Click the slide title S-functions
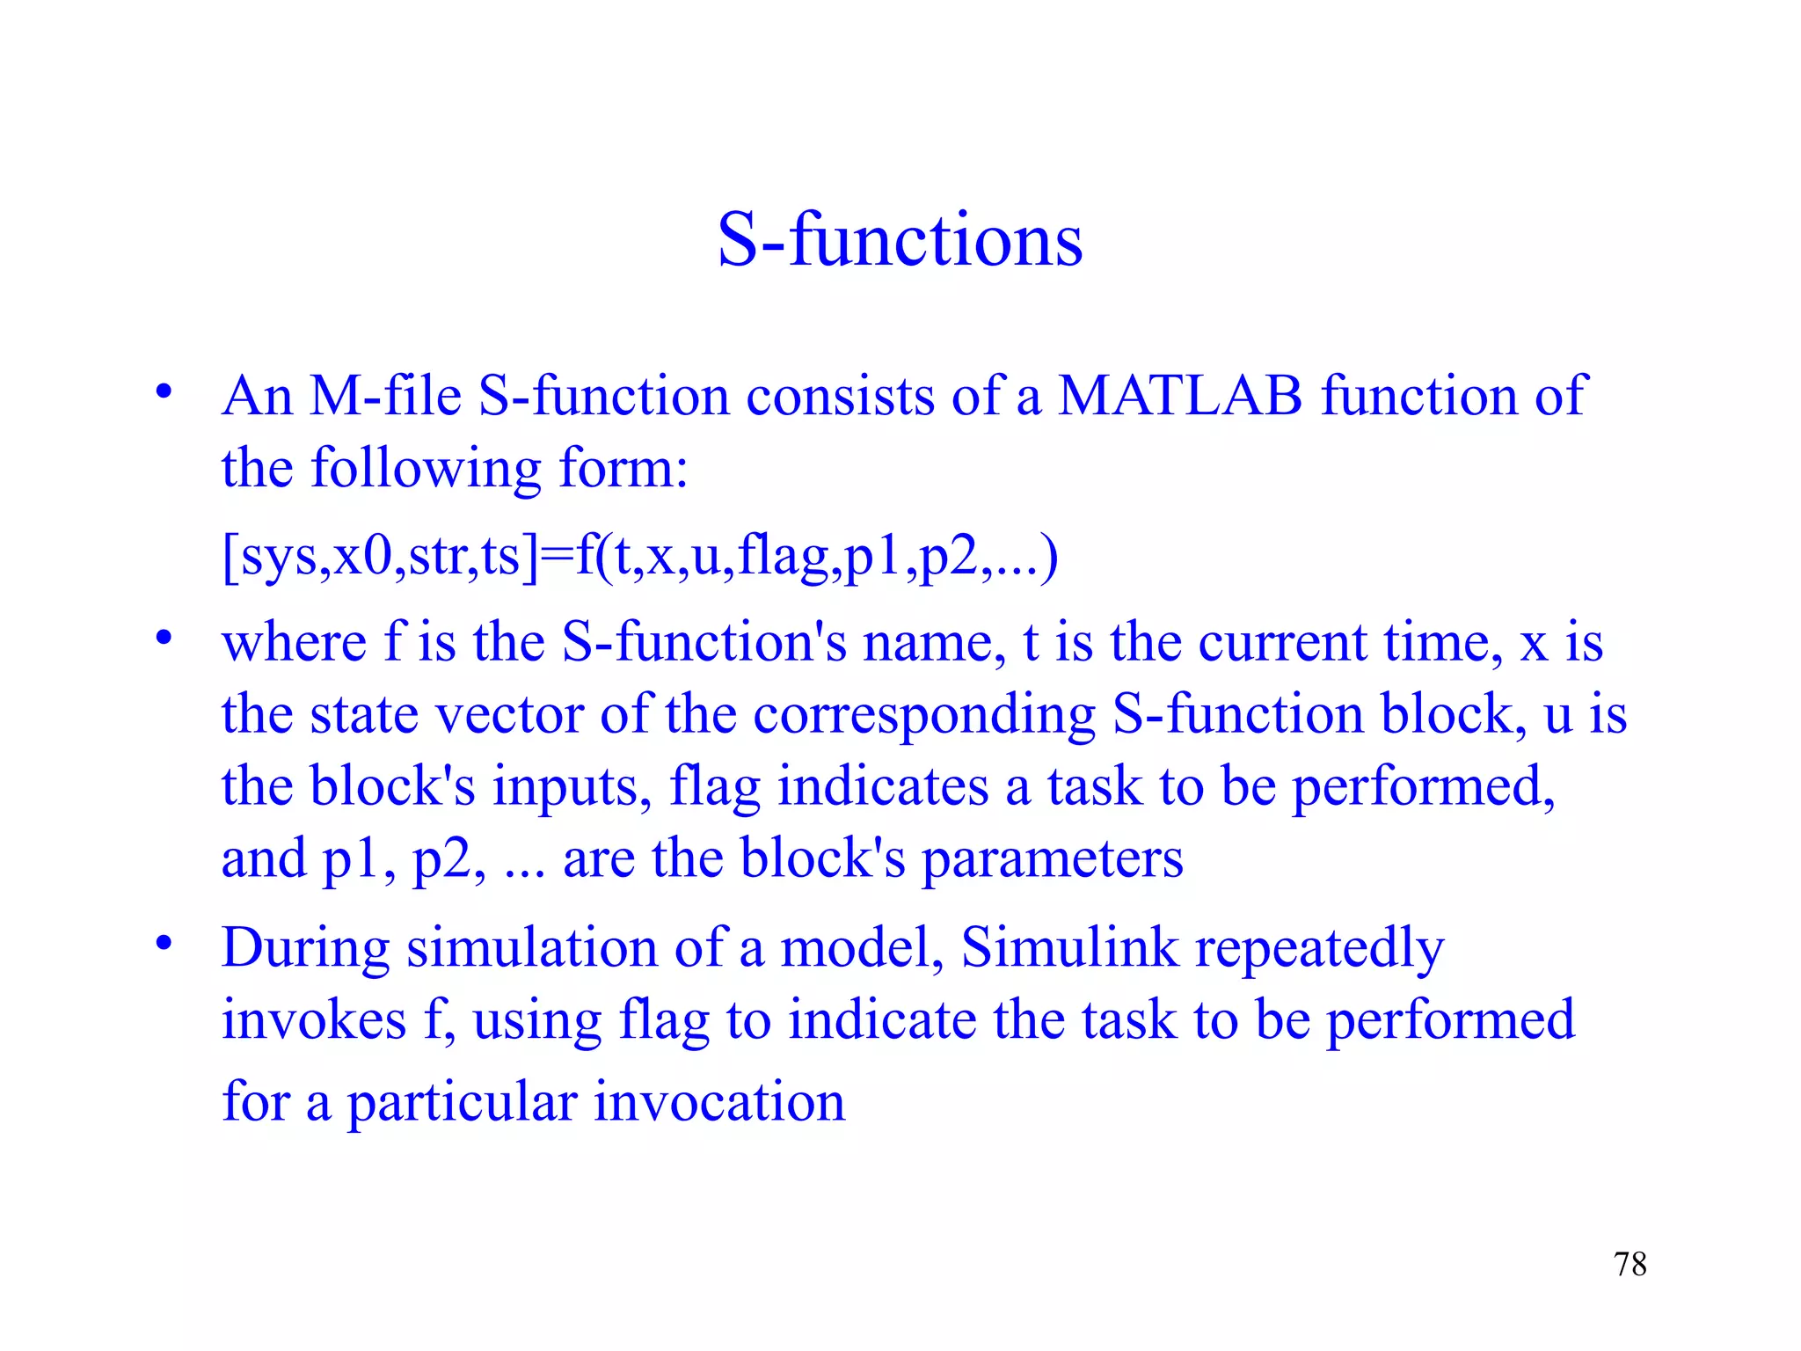(x=900, y=239)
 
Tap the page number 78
(x=1630, y=1264)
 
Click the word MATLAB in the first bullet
(x=1179, y=396)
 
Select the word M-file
(x=385, y=396)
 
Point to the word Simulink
(x=1068, y=948)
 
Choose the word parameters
(x=1052, y=860)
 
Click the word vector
(x=510, y=714)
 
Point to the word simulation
(x=531, y=948)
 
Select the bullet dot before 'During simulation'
(x=164, y=944)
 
